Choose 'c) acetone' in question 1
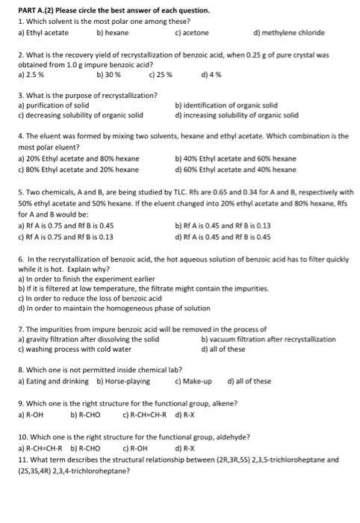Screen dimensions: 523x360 point(191,33)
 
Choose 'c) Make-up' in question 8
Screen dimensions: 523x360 point(192,380)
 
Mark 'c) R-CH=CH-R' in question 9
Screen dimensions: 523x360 point(145,413)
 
